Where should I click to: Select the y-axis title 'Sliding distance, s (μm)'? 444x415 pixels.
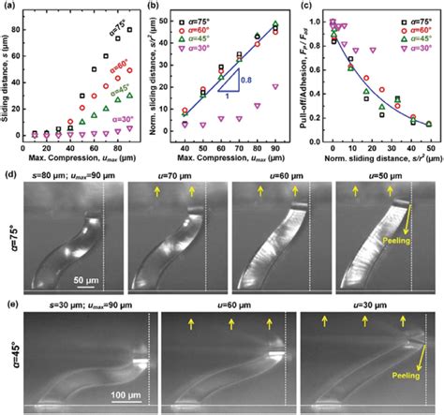pyautogui.click(x=7, y=70)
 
